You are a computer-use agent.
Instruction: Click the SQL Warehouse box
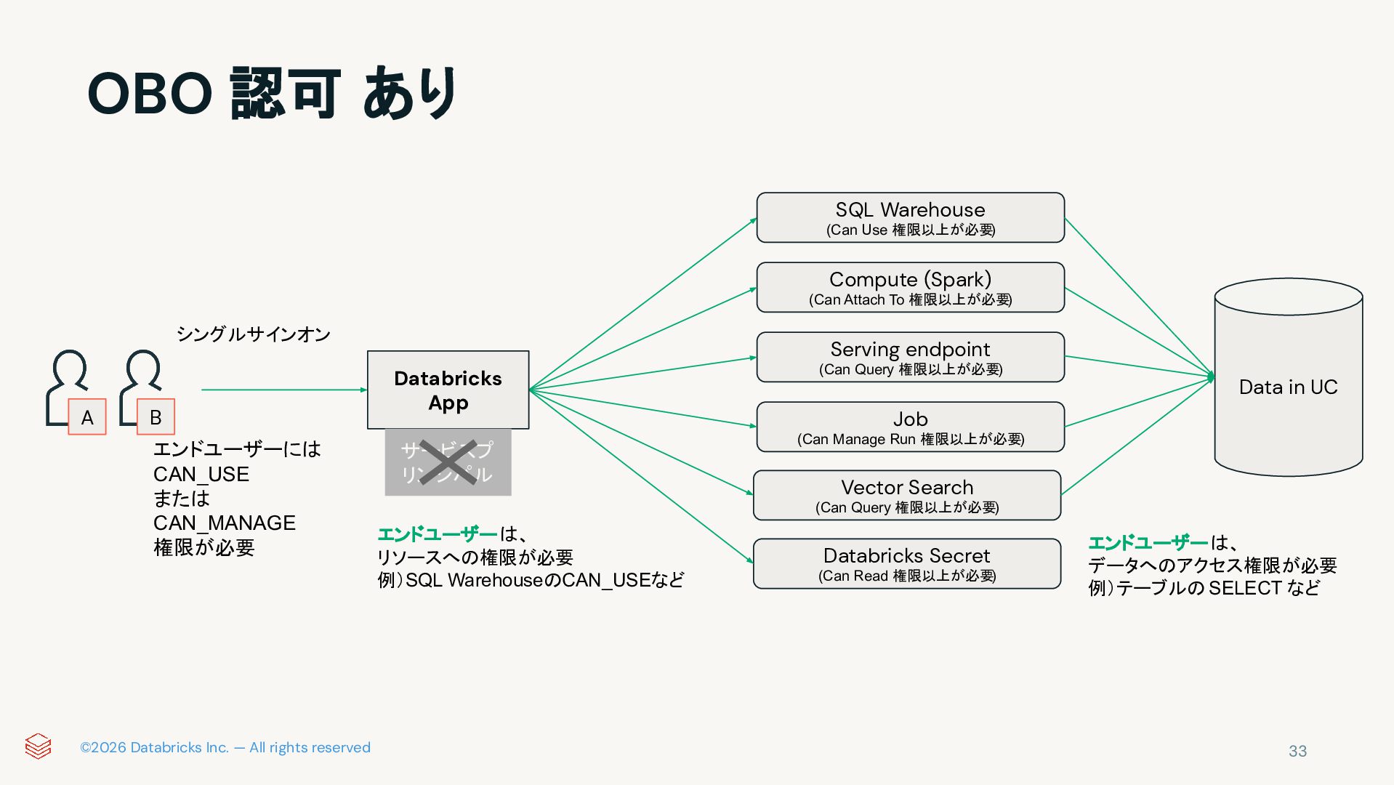click(910, 217)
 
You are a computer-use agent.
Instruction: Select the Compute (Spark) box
click(910, 287)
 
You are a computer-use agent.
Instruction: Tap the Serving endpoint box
click(910, 357)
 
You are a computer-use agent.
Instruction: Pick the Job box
click(910, 427)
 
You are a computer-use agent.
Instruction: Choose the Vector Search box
click(906, 495)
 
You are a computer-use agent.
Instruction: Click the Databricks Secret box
click(906, 563)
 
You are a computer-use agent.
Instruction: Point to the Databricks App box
click(448, 390)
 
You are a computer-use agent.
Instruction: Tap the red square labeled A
click(87, 417)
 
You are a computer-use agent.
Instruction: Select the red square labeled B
click(156, 417)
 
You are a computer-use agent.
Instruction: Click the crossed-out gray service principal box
click(448, 462)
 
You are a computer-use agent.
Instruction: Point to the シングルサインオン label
click(253, 334)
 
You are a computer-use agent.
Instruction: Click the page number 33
click(1297, 751)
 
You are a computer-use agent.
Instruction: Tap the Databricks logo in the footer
click(38, 746)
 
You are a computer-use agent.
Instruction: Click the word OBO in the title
click(150, 94)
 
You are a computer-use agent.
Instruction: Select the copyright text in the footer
click(225, 747)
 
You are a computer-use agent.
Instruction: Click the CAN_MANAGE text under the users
click(224, 523)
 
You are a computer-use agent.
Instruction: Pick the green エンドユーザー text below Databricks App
click(438, 534)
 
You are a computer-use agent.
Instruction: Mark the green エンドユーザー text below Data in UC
click(1148, 542)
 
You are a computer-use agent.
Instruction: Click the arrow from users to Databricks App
click(283, 390)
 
